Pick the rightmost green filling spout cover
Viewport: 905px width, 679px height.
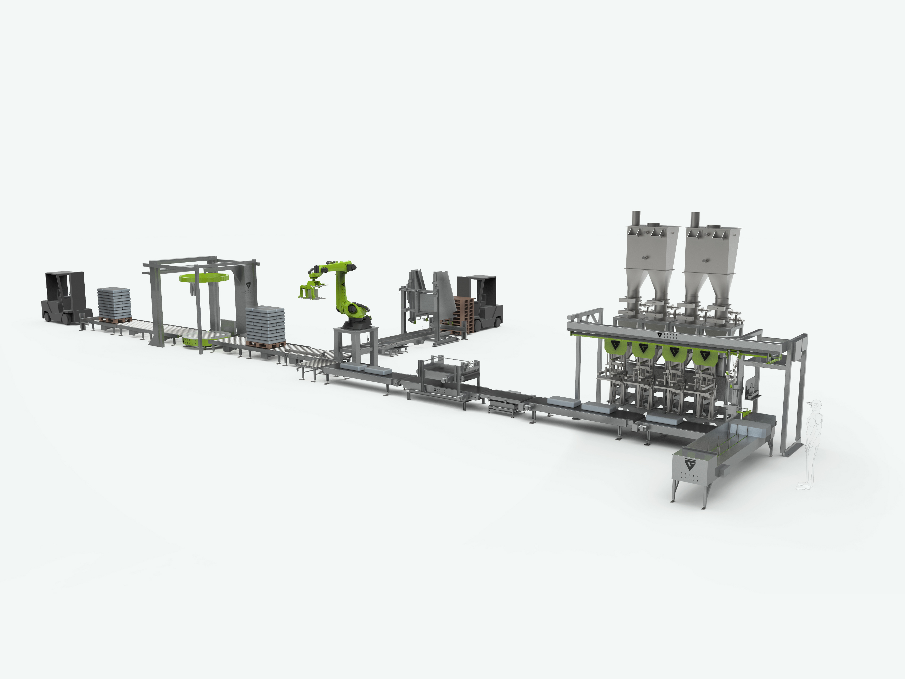[704, 356]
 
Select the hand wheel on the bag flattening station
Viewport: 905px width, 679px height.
[474, 366]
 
